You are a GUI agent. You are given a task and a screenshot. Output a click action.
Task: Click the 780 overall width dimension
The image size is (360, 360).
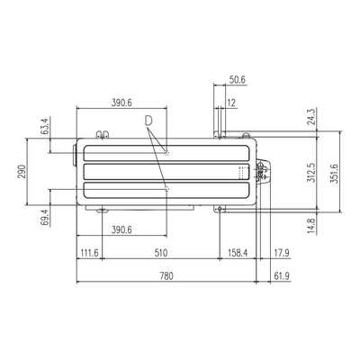[x=166, y=275]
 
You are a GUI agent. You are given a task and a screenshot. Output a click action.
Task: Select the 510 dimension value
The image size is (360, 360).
[x=161, y=253]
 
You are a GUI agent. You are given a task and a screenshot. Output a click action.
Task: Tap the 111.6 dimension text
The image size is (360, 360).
[x=89, y=253]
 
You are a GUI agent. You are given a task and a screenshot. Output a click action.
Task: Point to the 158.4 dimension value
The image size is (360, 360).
[x=238, y=253]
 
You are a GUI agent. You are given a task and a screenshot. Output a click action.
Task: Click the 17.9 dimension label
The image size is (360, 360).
[x=282, y=253]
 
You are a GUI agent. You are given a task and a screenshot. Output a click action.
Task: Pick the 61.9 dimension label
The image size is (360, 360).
[x=282, y=275]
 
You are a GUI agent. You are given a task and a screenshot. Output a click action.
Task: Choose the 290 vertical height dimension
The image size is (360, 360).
[x=22, y=171]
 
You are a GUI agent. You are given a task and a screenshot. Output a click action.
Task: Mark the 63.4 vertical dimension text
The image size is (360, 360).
[x=44, y=126]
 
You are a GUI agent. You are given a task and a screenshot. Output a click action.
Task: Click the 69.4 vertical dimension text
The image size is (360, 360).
[x=44, y=217]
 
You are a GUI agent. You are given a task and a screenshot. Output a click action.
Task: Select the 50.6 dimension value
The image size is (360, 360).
[x=238, y=80]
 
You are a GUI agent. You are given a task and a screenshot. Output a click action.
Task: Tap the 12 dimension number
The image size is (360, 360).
[x=231, y=103]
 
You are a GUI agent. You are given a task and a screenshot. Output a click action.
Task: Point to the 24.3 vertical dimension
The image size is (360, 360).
[x=311, y=117]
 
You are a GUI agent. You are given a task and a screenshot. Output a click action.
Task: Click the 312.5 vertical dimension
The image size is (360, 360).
[x=311, y=173]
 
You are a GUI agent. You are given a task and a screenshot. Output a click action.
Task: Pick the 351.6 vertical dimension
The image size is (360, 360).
[x=334, y=174]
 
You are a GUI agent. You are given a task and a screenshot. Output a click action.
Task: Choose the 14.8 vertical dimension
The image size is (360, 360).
[x=311, y=226]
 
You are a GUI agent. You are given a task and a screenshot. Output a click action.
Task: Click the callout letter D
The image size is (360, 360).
[x=148, y=121]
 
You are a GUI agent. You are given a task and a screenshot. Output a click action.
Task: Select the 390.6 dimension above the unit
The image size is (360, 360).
[x=121, y=103]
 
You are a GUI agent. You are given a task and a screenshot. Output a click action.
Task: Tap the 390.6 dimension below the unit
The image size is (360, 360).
[x=121, y=230]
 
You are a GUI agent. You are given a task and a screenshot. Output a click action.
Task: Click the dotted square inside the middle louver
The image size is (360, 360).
[x=243, y=173]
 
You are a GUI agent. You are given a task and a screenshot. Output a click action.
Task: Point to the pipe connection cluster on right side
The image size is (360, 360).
[x=262, y=171]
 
